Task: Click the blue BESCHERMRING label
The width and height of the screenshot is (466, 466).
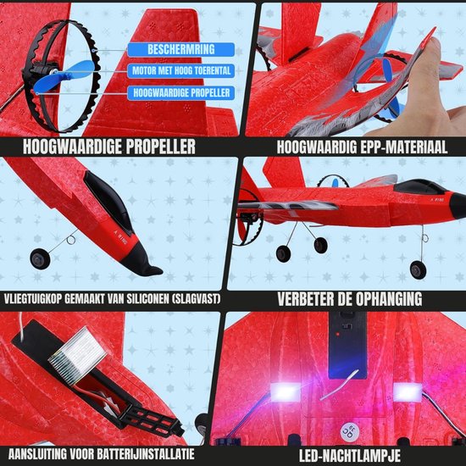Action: tap(181, 49)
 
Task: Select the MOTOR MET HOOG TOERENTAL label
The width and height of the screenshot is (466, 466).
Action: tap(181, 70)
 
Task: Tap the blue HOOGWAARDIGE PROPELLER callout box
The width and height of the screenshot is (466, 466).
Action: tap(181, 92)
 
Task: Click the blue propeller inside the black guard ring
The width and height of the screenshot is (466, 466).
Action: tap(64, 76)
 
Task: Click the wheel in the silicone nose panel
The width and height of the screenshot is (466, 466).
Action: tap(40, 259)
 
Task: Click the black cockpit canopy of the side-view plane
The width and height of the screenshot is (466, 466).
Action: tap(416, 186)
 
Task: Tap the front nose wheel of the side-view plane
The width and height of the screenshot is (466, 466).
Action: tap(418, 269)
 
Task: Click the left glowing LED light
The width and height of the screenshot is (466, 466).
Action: tap(285, 391)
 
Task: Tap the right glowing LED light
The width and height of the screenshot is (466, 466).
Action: tap(408, 391)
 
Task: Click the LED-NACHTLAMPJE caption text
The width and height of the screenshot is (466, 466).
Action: tap(349, 456)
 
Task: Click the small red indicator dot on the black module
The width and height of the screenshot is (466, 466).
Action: tap(337, 334)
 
